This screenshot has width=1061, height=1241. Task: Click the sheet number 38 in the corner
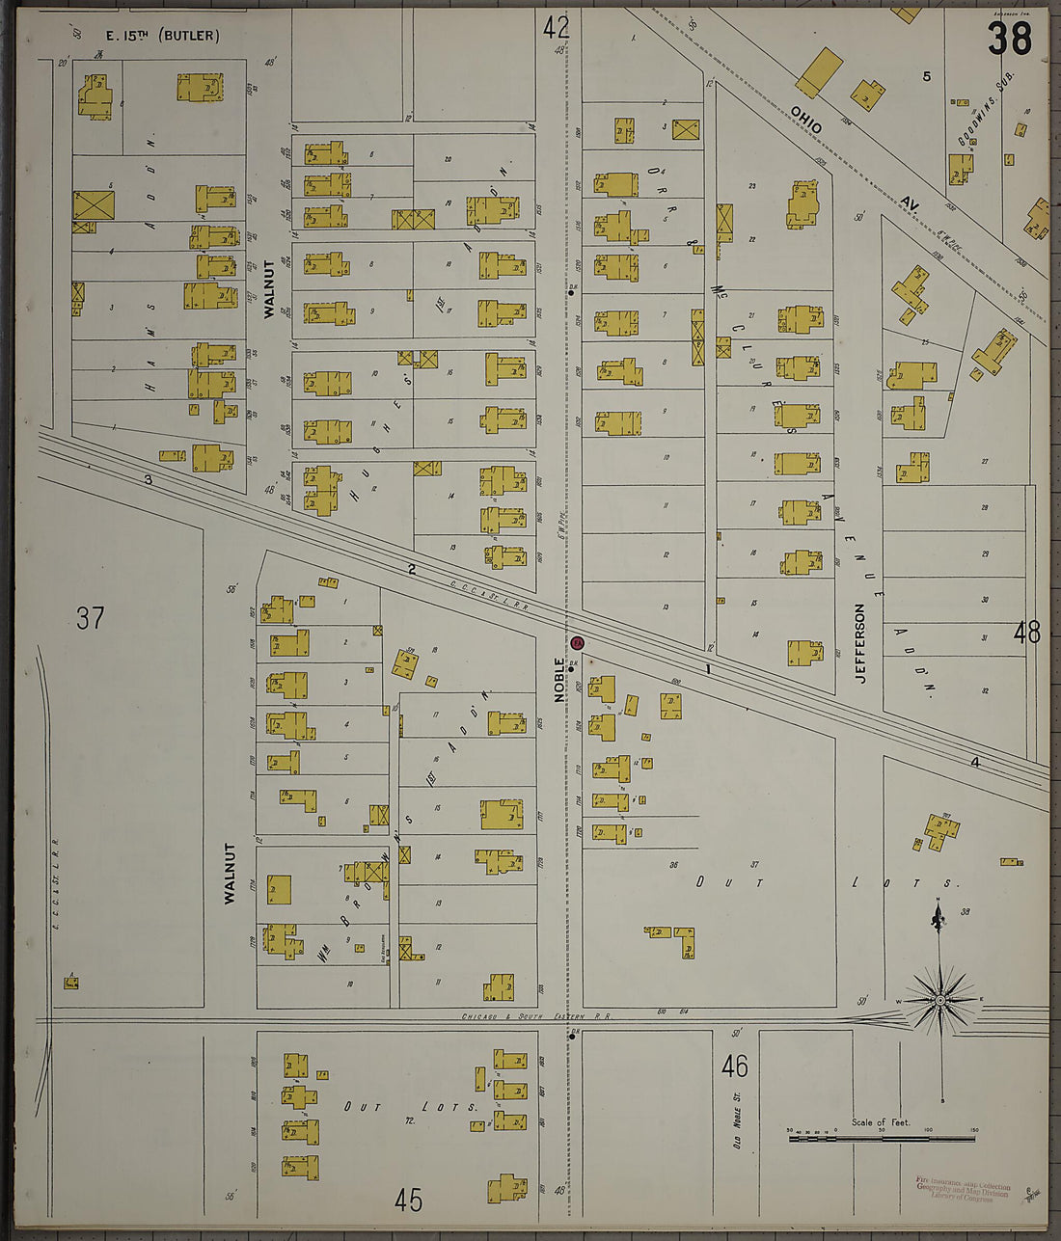(x=1009, y=39)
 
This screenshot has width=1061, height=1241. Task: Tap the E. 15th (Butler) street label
(x=162, y=37)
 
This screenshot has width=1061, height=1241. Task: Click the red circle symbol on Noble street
(x=578, y=642)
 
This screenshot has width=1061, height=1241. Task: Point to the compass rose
(x=939, y=1000)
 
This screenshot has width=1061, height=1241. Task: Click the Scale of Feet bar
(x=881, y=1138)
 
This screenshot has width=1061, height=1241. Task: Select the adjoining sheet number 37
(x=90, y=617)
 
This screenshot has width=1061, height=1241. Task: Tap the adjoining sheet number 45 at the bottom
(x=409, y=1200)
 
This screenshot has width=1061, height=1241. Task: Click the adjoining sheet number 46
(x=734, y=1066)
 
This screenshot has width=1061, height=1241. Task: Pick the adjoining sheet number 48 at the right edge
(x=1026, y=633)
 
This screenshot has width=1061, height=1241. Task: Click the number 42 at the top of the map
(x=556, y=27)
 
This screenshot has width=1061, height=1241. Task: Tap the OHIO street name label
(x=806, y=120)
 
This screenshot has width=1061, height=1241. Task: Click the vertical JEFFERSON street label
(x=859, y=643)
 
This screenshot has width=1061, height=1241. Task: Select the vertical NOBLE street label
(x=558, y=679)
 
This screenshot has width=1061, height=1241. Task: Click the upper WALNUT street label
(x=269, y=289)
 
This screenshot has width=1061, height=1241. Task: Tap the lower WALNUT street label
(x=230, y=873)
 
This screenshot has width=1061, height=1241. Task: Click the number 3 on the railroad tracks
(x=149, y=479)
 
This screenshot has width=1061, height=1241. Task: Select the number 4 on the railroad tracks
(x=974, y=762)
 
